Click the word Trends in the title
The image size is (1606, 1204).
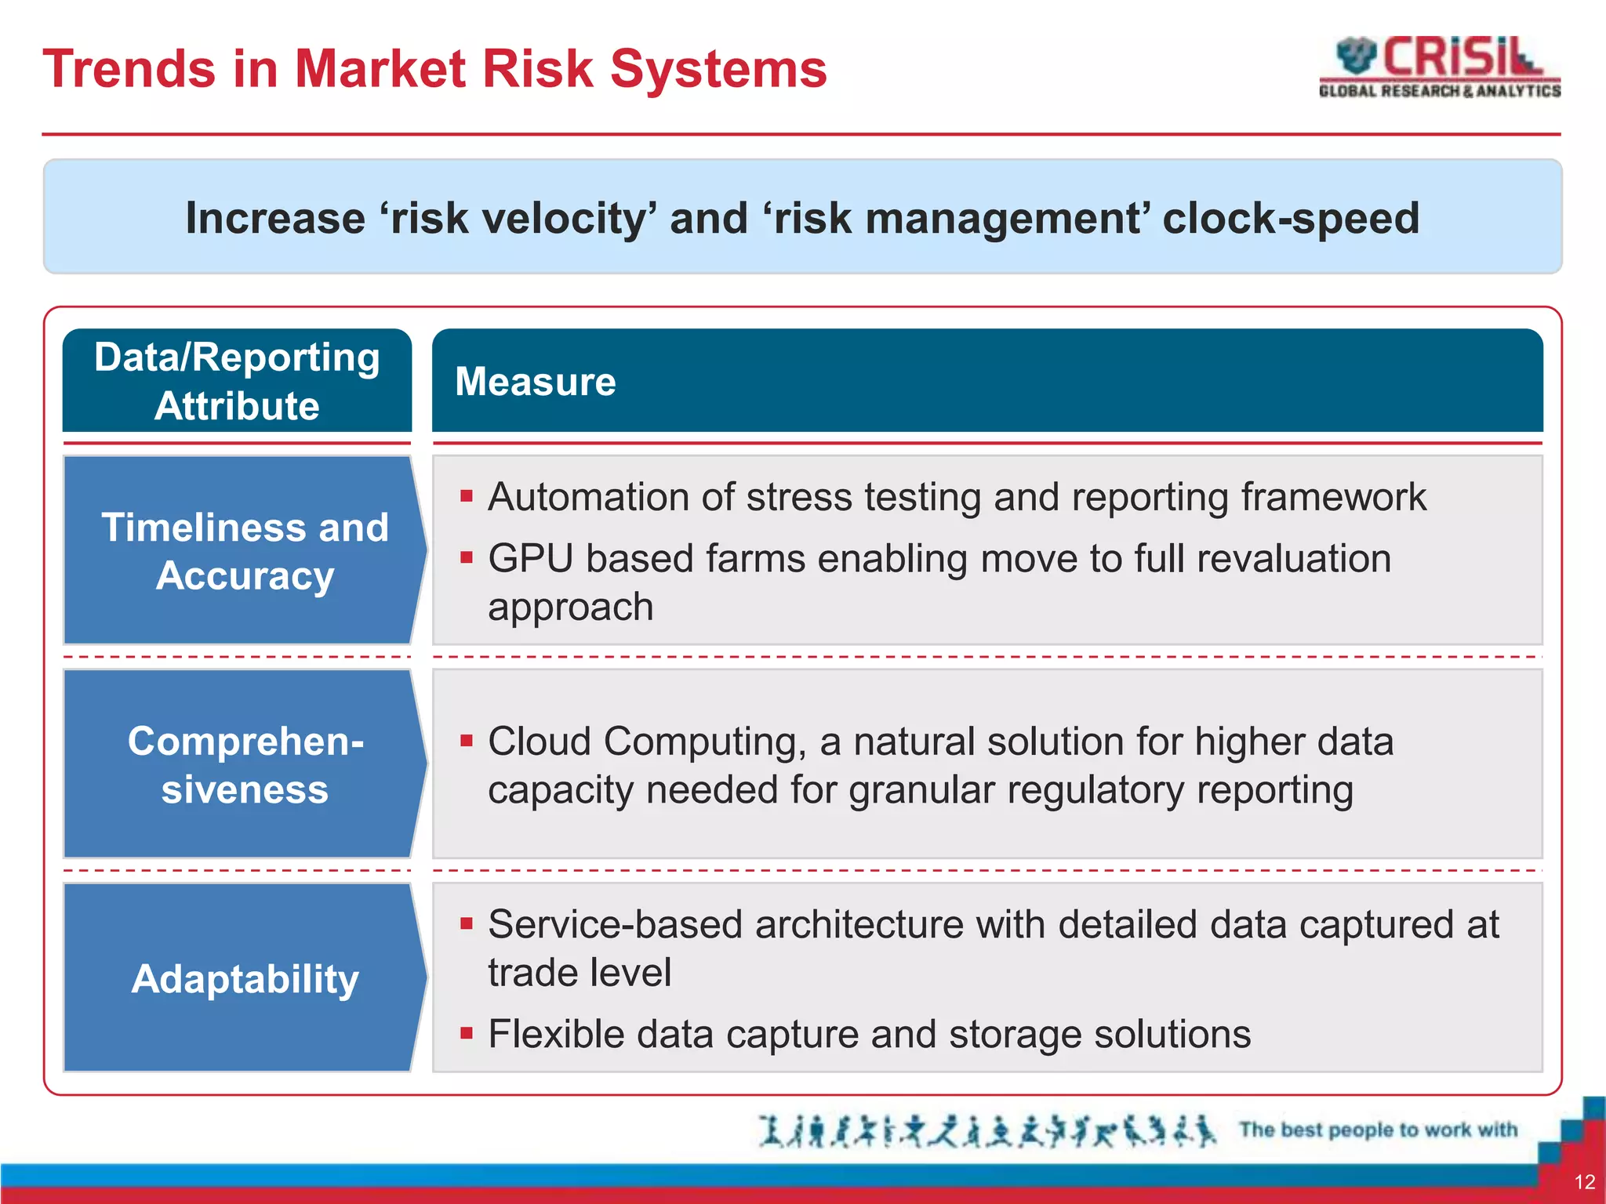129,69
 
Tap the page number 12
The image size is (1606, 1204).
1584,1182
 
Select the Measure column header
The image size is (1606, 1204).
536,382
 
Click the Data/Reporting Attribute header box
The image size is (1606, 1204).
237,381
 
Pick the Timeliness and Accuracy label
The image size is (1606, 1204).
245,551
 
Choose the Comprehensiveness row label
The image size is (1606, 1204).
245,764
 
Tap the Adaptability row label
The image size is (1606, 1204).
245,978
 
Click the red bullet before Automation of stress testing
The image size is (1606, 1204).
467,496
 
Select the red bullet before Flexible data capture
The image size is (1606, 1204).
467,1033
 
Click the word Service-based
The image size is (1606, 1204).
614,924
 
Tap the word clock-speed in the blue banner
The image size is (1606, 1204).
1291,218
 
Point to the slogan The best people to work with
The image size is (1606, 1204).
1378,1130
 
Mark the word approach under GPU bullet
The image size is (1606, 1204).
570,607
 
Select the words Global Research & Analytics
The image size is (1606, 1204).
1439,91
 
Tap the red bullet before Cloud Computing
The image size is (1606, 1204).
467,741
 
